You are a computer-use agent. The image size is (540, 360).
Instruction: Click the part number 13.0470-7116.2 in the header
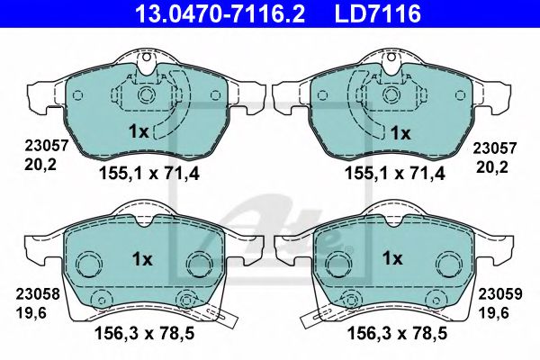click(220, 13)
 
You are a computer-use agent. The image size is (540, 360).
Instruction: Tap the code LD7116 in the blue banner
click(378, 13)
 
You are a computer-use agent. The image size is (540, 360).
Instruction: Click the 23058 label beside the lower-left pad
click(38, 294)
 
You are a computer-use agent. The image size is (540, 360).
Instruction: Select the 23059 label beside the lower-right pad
click(500, 294)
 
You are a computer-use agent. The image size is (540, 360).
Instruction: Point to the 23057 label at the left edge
click(47, 146)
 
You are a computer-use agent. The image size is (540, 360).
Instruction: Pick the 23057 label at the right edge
click(494, 148)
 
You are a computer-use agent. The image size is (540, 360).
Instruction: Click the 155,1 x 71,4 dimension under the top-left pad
click(149, 174)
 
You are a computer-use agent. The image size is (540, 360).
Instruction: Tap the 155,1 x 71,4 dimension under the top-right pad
click(395, 174)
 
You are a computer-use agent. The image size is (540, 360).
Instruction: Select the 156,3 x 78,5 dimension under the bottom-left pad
click(145, 333)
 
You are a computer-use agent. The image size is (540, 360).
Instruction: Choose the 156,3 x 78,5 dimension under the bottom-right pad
click(398, 333)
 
